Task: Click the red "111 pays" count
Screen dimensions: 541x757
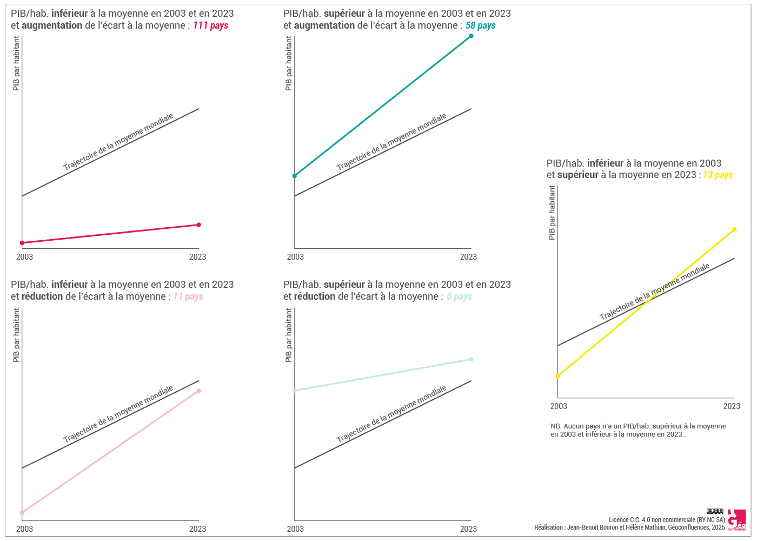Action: point(211,25)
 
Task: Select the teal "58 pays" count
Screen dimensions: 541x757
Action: point(480,25)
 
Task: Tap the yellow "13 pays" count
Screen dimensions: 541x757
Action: point(718,175)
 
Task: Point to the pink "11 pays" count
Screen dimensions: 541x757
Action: point(188,296)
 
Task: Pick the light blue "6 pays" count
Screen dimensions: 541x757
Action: point(459,296)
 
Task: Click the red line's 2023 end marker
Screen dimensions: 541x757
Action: point(198,225)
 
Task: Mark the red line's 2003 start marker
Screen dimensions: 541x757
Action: point(22,243)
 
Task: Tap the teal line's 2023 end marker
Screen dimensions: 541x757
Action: point(471,36)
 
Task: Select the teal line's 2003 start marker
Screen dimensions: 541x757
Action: point(295,176)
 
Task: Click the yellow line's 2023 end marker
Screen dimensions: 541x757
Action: point(734,229)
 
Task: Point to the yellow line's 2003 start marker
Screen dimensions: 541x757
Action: point(557,376)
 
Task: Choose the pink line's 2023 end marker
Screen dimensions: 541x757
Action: point(198,391)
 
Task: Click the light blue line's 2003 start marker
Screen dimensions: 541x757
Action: point(295,391)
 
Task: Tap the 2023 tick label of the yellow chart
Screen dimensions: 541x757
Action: point(732,406)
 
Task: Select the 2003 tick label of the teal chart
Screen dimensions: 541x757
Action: point(295,257)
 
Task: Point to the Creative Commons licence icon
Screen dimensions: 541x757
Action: point(715,511)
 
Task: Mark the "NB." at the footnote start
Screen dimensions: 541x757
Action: point(556,426)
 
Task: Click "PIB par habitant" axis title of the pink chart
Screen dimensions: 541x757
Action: point(16,335)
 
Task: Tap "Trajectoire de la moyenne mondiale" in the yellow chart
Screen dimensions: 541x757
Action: point(654,292)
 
